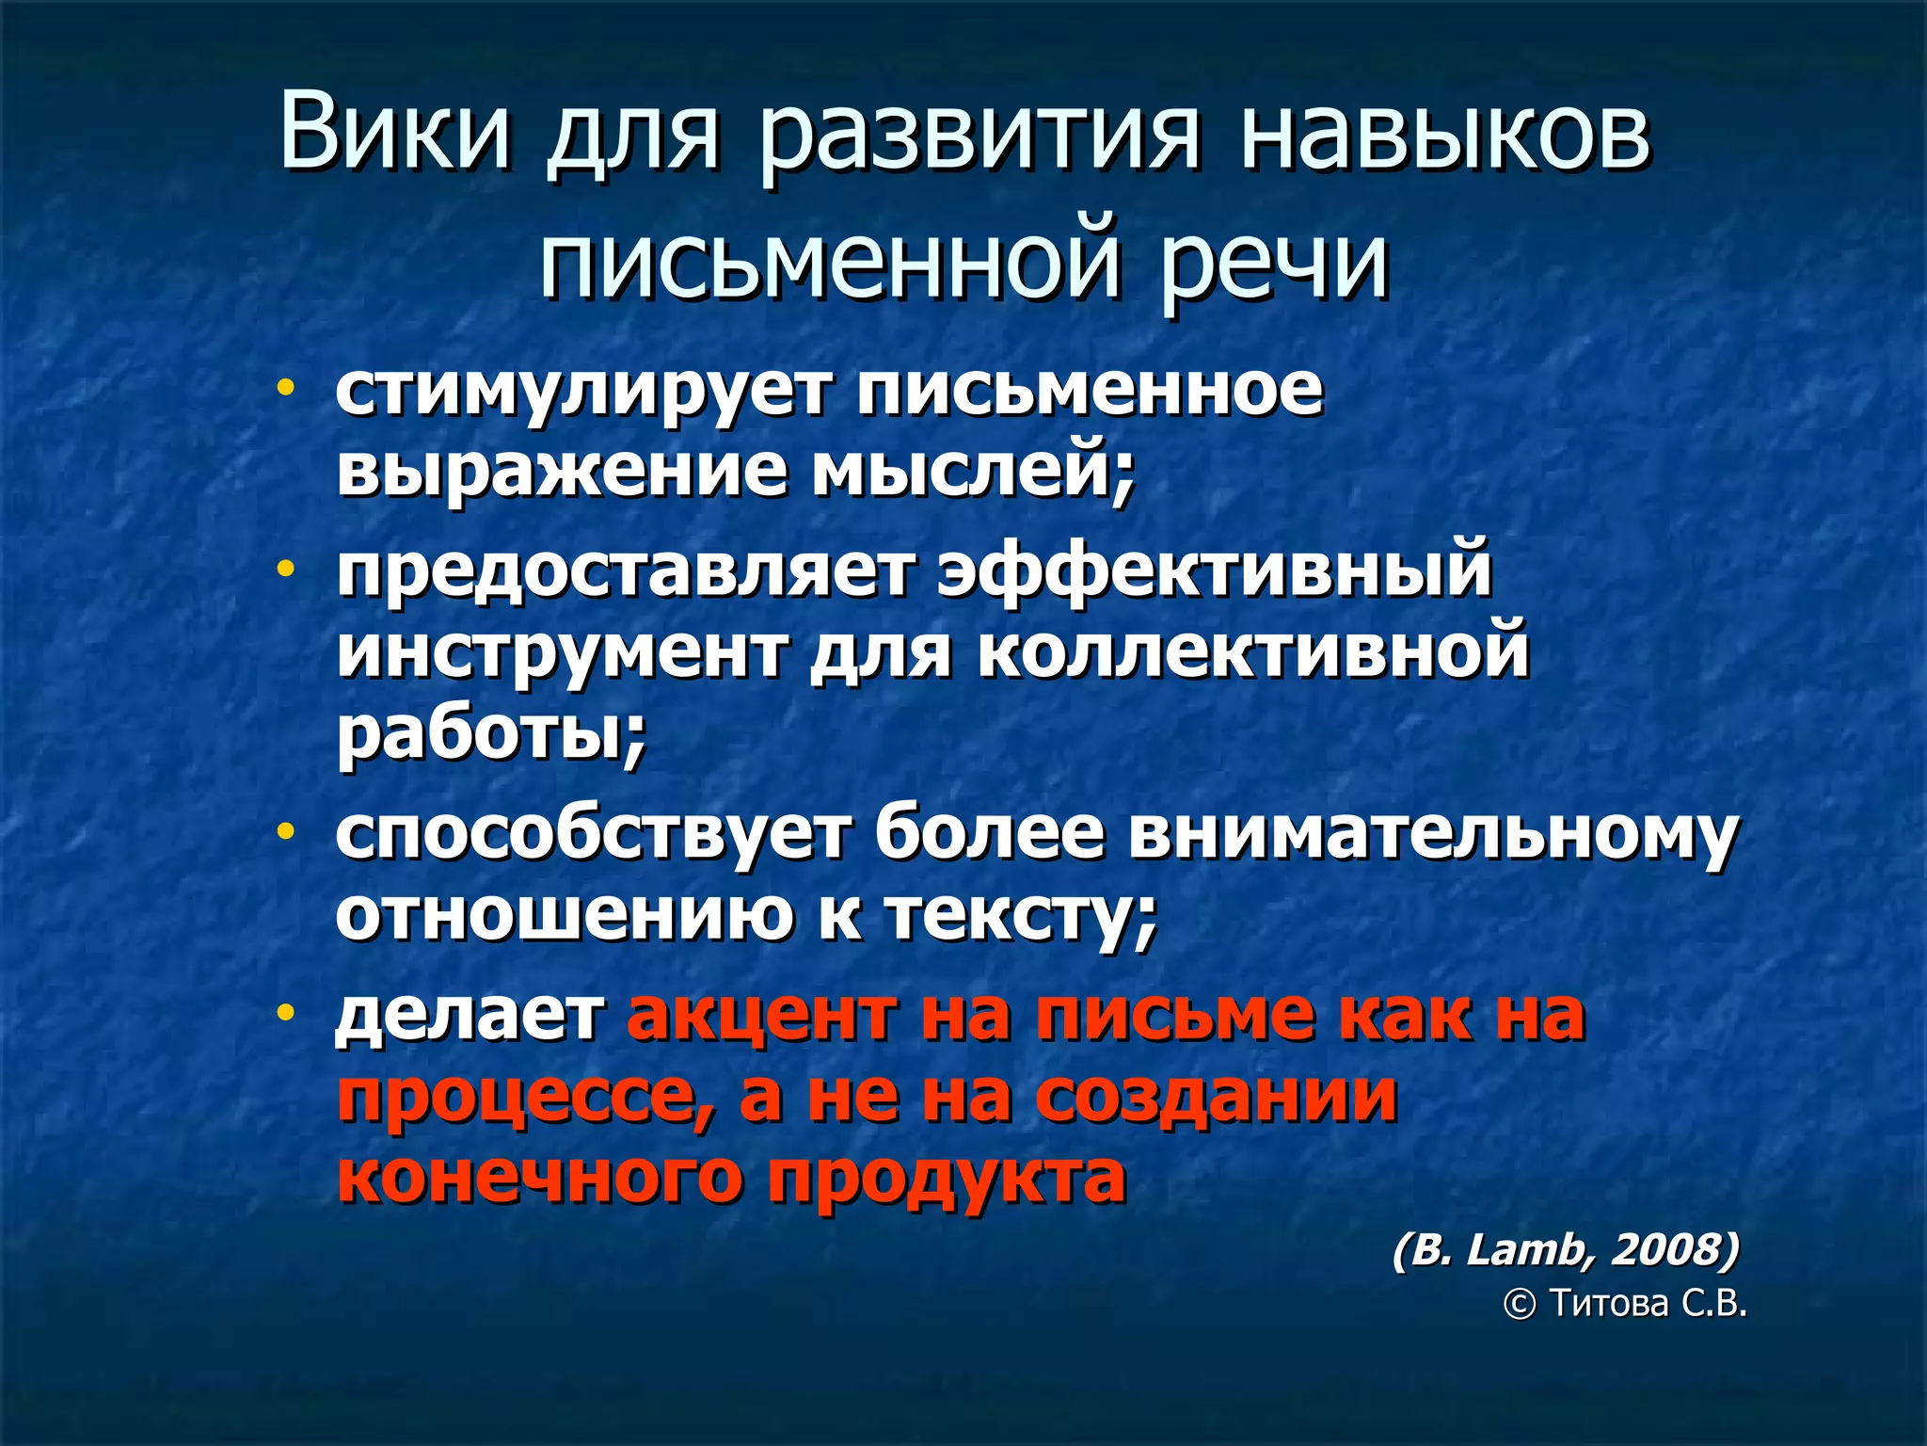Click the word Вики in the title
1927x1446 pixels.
click(394, 131)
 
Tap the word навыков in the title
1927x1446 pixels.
click(1444, 131)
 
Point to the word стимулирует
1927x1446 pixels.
click(583, 391)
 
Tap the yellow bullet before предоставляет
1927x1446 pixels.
click(285, 569)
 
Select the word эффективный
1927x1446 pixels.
click(1215, 570)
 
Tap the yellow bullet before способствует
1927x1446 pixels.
click(285, 831)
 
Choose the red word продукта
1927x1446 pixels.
click(947, 1177)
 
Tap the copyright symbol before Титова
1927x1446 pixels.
click(1519, 1304)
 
